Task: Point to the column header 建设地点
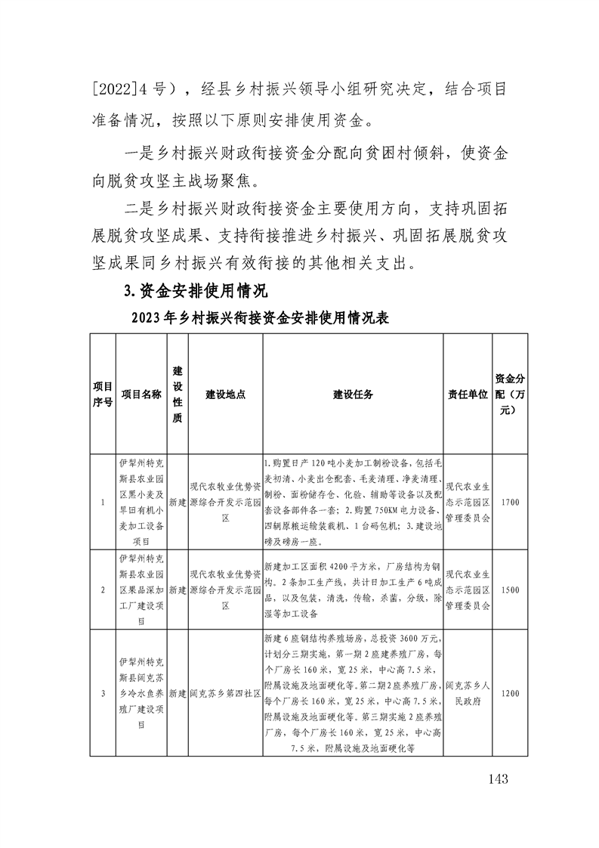tap(225, 394)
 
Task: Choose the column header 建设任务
tap(353, 394)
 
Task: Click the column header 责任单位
tap(468, 394)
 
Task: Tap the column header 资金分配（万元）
tap(510, 394)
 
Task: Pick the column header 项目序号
tap(103, 394)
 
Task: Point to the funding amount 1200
tap(510, 692)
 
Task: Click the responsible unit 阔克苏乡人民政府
tap(468, 692)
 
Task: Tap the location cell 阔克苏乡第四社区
tap(225, 692)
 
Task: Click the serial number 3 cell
tap(103, 692)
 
